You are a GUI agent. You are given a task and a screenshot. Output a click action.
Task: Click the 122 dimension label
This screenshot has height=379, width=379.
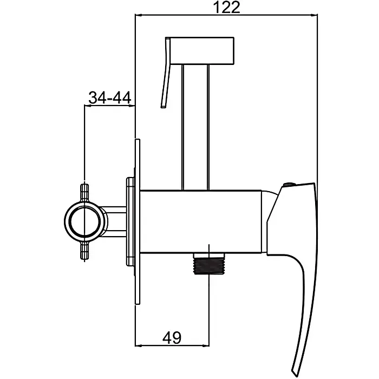click(x=227, y=7)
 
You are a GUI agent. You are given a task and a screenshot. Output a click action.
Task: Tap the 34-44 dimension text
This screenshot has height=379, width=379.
click(x=110, y=97)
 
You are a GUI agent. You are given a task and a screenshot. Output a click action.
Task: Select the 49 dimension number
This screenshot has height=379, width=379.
click(x=172, y=338)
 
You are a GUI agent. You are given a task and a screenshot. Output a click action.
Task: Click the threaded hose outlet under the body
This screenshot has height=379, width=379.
click(x=210, y=264)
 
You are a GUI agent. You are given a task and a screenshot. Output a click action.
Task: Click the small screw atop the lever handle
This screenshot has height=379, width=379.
click(x=288, y=185)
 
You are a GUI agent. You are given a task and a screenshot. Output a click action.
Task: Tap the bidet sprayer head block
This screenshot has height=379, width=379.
click(x=202, y=51)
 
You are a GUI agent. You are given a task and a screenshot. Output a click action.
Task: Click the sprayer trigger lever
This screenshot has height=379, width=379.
click(x=166, y=73)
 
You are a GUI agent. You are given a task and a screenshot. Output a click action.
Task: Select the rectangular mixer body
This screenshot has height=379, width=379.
click(x=201, y=221)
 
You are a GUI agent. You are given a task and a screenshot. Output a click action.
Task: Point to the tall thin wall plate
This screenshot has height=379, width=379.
click(x=138, y=221)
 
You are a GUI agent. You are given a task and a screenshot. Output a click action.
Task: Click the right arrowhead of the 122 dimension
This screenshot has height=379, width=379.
click(x=314, y=15)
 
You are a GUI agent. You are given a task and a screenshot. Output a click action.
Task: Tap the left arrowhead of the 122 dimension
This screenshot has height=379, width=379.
click(x=139, y=15)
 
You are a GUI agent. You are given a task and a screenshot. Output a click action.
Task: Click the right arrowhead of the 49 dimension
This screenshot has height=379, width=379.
click(x=206, y=346)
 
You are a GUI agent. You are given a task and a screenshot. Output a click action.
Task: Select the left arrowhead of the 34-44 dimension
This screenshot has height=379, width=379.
click(x=88, y=106)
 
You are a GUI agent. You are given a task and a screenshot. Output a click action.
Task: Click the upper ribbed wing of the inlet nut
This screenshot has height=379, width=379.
click(x=84, y=193)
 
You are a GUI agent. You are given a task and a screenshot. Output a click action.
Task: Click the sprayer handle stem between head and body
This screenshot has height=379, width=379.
click(x=195, y=127)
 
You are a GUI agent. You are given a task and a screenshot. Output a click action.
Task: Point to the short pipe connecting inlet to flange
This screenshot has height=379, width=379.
click(x=114, y=221)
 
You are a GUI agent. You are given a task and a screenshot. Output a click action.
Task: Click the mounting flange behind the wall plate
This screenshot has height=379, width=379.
click(x=130, y=221)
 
